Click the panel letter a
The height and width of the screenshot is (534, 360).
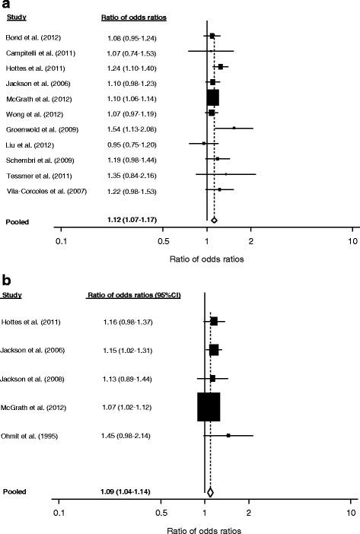point(6,5)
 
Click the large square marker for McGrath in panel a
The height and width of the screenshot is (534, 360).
point(212,97)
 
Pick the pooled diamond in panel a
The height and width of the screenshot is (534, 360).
point(214,220)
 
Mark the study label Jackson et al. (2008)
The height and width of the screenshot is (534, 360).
point(33,378)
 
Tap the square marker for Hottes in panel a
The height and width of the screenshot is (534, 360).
point(220,67)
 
